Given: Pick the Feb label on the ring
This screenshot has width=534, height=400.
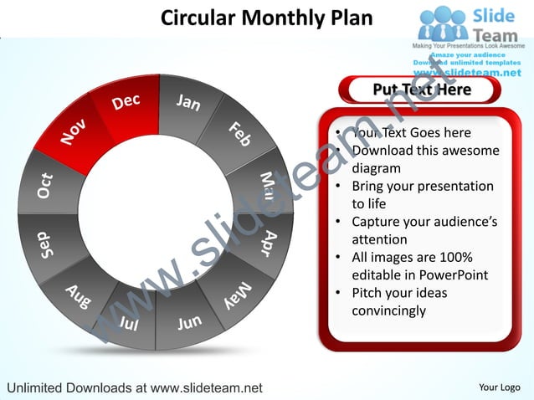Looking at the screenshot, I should coord(240,134).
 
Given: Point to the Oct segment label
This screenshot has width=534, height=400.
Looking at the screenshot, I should coord(45,186).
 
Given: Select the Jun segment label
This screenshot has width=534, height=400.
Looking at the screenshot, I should coord(189,322).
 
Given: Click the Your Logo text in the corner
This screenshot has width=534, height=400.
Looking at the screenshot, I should coord(500,387).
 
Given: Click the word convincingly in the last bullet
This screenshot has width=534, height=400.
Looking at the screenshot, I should coord(389,311).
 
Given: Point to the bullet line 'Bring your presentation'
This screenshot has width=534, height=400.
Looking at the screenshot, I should coord(423,187).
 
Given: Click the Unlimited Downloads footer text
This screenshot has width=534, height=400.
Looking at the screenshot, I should coord(134,387).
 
